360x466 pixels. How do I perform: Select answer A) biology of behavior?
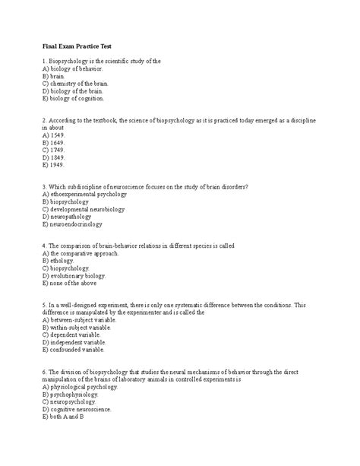72,68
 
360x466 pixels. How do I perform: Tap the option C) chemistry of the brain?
75,83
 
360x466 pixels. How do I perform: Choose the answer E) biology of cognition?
74,98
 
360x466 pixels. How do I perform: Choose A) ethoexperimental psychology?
85,194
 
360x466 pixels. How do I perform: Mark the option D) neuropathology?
71,217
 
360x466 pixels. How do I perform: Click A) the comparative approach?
82,253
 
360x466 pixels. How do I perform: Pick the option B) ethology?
60,261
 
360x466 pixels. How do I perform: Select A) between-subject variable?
84,320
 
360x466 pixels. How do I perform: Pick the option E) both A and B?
68,417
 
